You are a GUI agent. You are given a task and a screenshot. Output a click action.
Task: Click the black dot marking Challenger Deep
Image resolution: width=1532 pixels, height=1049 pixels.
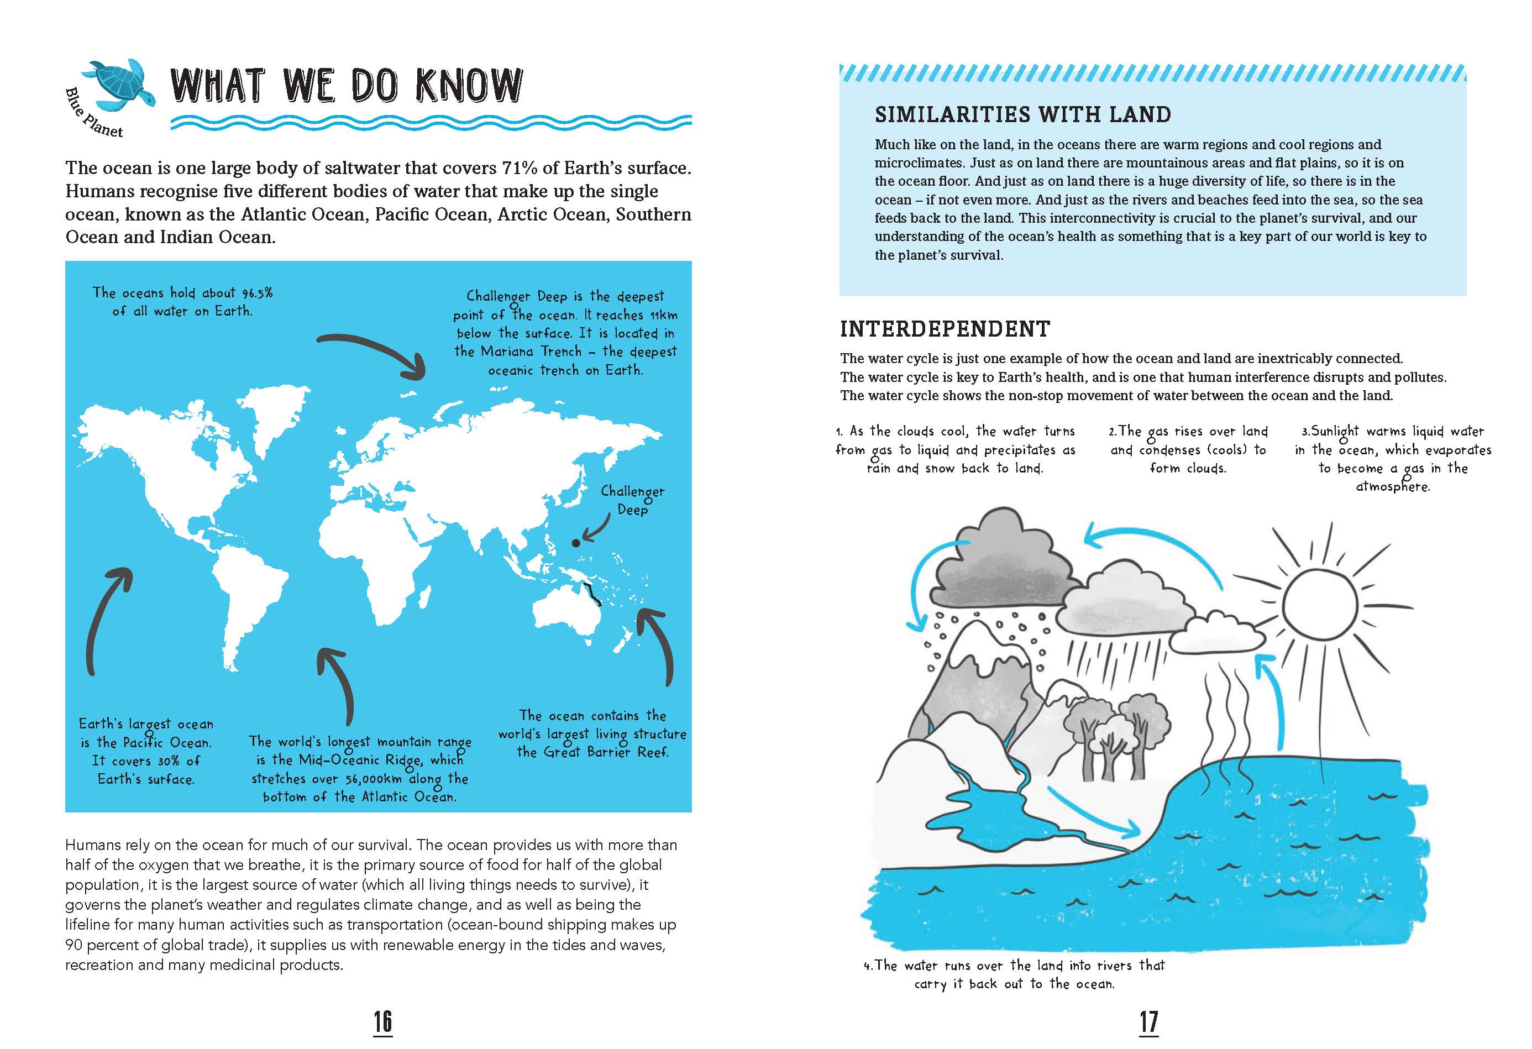pyautogui.click(x=575, y=543)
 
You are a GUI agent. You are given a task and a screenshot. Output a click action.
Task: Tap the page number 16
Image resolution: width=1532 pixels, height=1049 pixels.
pyautogui.click(x=382, y=1021)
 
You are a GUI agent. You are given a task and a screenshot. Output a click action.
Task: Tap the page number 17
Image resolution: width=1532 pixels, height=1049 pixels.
pyautogui.click(x=1148, y=1021)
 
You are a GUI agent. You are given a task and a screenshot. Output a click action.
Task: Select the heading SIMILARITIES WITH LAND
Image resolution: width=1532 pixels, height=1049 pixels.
pyautogui.click(x=1022, y=115)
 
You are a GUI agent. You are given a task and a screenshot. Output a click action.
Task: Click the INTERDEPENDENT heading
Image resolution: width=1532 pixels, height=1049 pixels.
pyautogui.click(x=945, y=329)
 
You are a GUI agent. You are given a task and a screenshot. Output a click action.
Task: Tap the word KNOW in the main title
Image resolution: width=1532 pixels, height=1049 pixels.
pyautogui.click(x=469, y=86)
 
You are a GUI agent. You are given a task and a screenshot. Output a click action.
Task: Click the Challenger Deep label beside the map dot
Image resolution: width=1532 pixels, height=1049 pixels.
pyautogui.click(x=632, y=500)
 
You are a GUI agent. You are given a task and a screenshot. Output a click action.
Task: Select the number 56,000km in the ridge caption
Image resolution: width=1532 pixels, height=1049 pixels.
pyautogui.click(x=373, y=779)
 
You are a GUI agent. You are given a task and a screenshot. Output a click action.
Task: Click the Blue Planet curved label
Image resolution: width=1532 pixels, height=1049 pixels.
pyautogui.click(x=93, y=115)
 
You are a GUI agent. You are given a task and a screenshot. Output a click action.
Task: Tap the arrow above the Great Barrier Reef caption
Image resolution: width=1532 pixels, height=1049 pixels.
pyautogui.click(x=659, y=646)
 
